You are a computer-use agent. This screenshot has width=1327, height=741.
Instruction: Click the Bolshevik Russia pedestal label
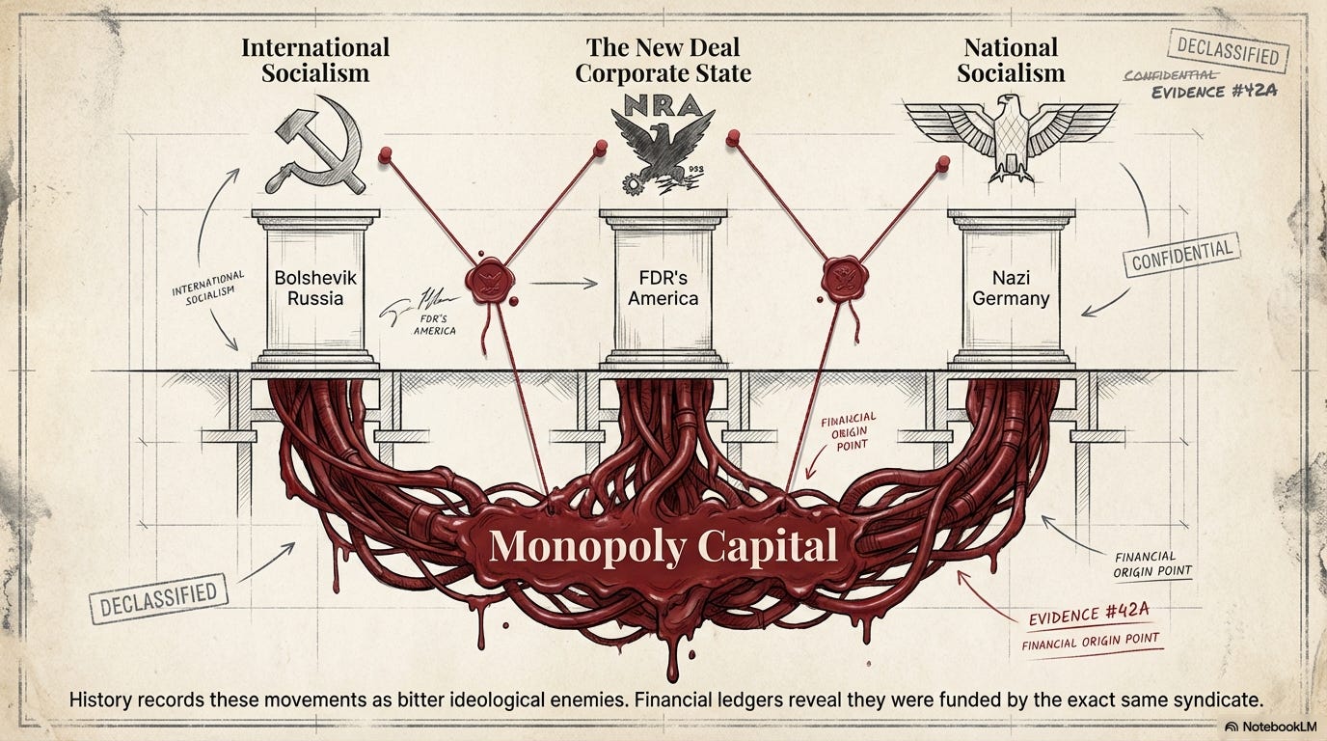point(315,288)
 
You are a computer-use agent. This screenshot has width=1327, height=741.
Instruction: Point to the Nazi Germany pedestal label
point(1011,288)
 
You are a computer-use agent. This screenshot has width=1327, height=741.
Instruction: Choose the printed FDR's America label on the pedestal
point(663,288)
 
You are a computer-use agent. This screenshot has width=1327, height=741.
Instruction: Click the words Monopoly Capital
point(663,547)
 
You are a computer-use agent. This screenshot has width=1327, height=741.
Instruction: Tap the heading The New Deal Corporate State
point(663,60)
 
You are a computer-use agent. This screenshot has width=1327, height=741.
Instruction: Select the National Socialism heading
point(1011,60)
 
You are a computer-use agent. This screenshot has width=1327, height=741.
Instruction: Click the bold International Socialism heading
point(315,60)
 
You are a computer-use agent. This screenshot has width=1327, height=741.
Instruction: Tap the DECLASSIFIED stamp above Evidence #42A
point(1228,51)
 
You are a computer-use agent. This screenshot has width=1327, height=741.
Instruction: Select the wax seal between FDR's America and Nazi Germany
point(839,277)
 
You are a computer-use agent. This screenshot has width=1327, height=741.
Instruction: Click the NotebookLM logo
point(1265,726)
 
